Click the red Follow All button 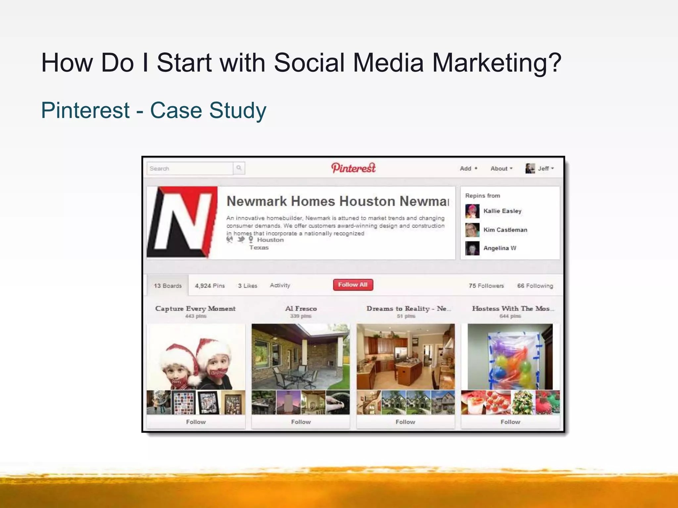pos(353,285)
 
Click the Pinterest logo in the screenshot pos(353,168)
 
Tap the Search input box pos(190,168)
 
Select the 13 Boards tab pos(168,286)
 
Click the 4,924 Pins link pos(210,286)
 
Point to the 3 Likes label pos(247,286)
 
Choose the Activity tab pos(280,285)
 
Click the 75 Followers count pos(486,286)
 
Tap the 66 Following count pos(535,286)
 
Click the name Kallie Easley pos(502,211)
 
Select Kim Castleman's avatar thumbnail pos(472,230)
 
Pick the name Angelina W pos(500,248)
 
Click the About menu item pos(501,168)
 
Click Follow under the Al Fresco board pos(301,422)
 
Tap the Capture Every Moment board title pos(195,309)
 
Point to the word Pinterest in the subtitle pos(85,110)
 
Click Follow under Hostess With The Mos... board pos(510,422)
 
